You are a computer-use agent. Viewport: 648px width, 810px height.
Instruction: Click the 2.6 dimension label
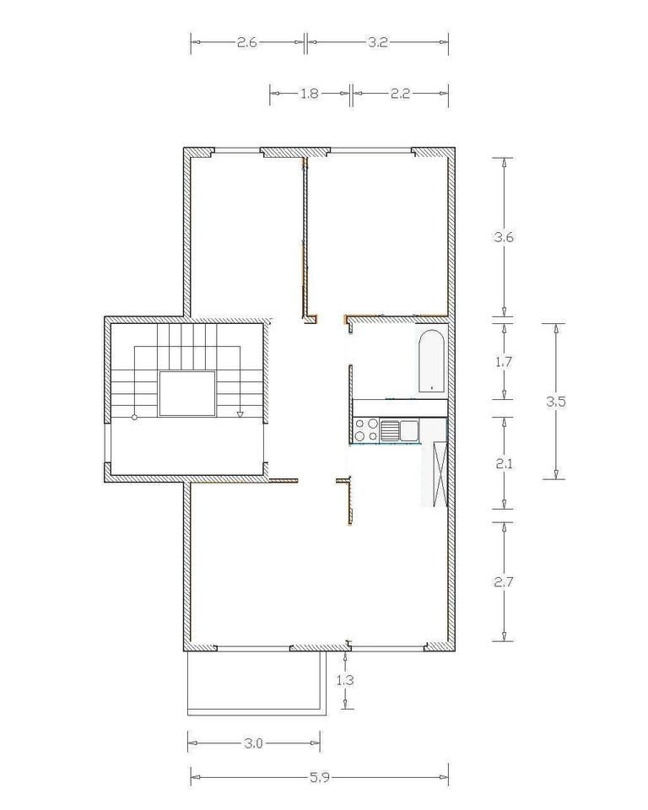click(x=247, y=42)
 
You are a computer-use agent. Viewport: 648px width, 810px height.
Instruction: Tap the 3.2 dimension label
click(x=378, y=42)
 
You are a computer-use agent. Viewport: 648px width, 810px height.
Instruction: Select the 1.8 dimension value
click(x=310, y=94)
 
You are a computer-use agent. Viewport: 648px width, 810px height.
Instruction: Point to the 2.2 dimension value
click(x=400, y=94)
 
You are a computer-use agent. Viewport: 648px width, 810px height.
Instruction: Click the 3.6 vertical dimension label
click(x=504, y=238)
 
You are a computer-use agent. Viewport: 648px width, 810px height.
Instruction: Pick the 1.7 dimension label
click(x=504, y=362)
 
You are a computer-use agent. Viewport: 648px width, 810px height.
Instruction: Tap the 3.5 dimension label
click(x=556, y=402)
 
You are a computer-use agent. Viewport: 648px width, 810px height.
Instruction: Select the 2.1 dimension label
click(x=504, y=464)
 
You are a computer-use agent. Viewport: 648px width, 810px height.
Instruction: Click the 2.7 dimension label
click(x=504, y=582)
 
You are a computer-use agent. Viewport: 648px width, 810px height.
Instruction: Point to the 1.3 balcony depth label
click(x=345, y=680)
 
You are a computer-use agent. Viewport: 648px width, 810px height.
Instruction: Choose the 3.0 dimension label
click(x=253, y=743)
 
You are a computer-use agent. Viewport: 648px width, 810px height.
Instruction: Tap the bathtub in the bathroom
click(x=431, y=360)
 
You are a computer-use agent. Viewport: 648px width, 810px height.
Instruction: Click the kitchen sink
click(x=399, y=430)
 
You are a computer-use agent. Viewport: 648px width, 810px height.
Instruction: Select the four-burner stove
click(x=366, y=430)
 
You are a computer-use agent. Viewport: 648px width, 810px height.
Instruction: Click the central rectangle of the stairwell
click(x=187, y=394)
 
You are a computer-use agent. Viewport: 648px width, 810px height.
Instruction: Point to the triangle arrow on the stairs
click(x=240, y=413)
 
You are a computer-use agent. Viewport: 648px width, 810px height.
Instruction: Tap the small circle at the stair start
click(x=135, y=417)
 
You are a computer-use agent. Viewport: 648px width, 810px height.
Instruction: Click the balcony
click(x=256, y=683)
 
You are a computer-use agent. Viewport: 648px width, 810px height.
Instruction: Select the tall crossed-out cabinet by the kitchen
click(x=440, y=474)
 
